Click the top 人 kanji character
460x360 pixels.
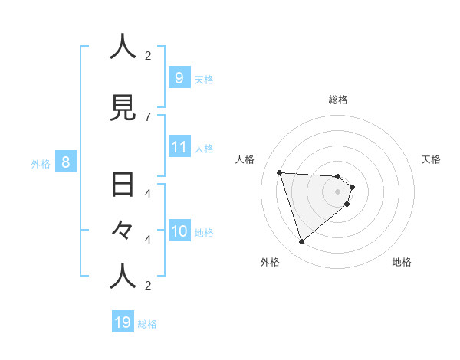pos(123,47)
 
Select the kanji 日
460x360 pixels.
pos(123,185)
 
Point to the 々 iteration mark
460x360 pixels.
pos(123,230)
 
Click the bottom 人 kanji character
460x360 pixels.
pos(123,277)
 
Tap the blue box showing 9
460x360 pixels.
pos(179,77)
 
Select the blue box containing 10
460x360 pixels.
pos(179,231)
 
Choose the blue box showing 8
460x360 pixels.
pos(66,162)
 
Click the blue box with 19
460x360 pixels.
pos(123,322)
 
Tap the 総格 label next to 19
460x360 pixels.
pos(147,324)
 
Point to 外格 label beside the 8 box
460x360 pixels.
pos(41,163)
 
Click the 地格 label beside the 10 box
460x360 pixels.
pos(204,232)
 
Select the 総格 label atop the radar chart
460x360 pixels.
pos(338,100)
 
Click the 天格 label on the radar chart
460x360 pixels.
pos(431,159)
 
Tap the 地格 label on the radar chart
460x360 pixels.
pos(402,262)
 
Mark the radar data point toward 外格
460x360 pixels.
pos(301,242)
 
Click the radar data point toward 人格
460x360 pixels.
pos(280,172)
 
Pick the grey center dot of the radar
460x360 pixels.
pos(338,201)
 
